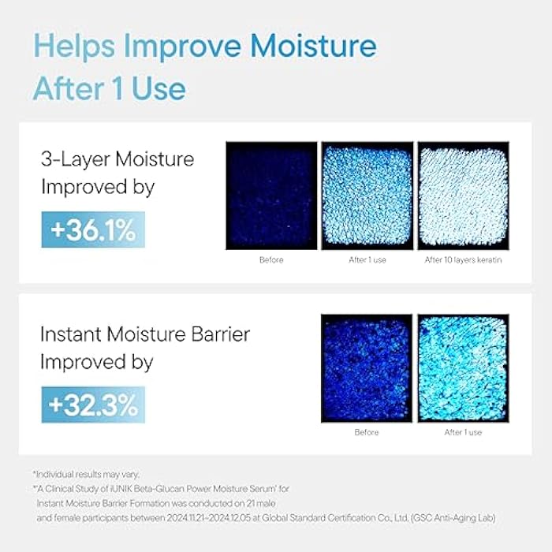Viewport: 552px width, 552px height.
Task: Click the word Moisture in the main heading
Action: pos(313,48)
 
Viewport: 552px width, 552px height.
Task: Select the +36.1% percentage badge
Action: pos(93,230)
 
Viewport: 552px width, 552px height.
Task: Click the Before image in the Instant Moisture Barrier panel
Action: pos(367,368)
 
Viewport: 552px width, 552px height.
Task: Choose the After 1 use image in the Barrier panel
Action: pos(463,368)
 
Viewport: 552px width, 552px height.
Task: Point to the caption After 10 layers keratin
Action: pos(463,259)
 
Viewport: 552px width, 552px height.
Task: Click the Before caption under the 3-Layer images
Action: pos(271,259)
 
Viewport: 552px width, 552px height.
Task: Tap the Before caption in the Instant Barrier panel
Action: pos(367,432)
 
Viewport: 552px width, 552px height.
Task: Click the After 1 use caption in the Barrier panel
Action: pos(463,432)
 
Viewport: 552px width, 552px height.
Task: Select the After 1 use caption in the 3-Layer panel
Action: pos(367,259)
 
